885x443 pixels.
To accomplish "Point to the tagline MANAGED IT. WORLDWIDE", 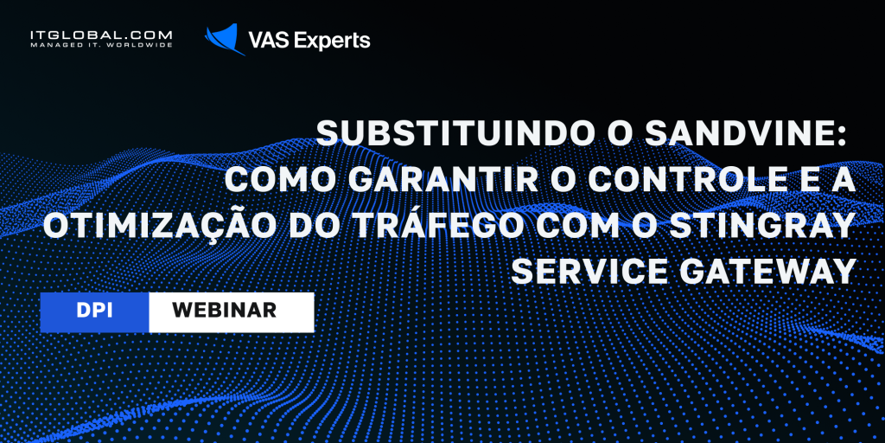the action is coord(102,45).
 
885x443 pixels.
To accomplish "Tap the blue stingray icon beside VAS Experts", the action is coord(225,39).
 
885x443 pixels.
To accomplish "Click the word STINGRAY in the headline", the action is coord(774,227).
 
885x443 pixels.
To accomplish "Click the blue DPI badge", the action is coord(94,311).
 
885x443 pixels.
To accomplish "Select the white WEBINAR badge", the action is coord(232,311).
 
